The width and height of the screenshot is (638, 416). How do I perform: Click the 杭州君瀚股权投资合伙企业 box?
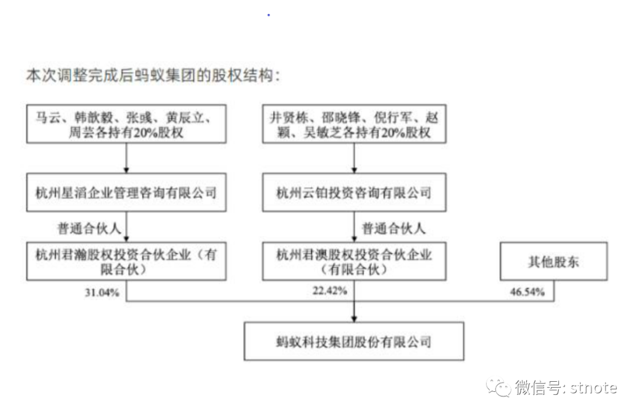click(x=126, y=262)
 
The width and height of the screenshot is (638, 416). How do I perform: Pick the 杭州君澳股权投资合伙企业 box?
click(x=354, y=262)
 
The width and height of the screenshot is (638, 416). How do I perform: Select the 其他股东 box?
click(x=554, y=262)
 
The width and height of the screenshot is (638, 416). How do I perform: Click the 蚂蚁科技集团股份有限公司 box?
click(x=354, y=342)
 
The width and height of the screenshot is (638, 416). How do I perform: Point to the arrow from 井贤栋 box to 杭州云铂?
click(x=354, y=158)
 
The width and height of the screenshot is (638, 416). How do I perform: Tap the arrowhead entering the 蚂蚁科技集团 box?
click(x=354, y=318)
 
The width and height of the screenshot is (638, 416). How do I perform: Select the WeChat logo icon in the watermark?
click(x=499, y=388)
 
